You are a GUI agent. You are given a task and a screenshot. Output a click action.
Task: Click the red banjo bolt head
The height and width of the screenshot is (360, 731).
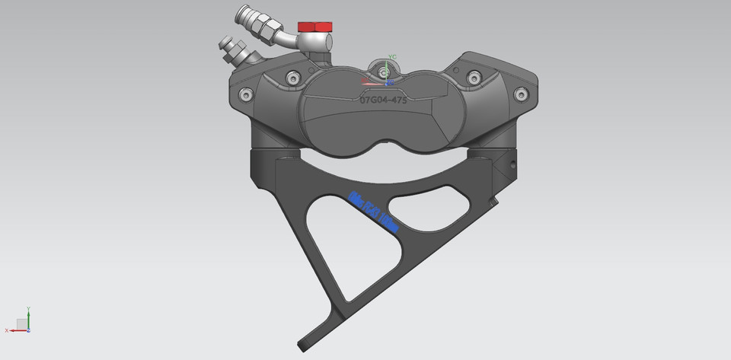point(314,27)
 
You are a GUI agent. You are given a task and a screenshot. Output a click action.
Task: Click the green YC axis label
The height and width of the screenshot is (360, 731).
point(393,57)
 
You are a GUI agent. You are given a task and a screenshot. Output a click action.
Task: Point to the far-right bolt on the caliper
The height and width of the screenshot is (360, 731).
point(521,94)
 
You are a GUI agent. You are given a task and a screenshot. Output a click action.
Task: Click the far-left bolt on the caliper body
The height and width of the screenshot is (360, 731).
point(244,94)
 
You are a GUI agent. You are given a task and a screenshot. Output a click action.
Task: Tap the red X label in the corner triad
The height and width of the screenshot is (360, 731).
point(6,330)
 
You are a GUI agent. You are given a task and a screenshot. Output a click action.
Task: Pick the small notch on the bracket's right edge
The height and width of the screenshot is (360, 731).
point(496,201)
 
